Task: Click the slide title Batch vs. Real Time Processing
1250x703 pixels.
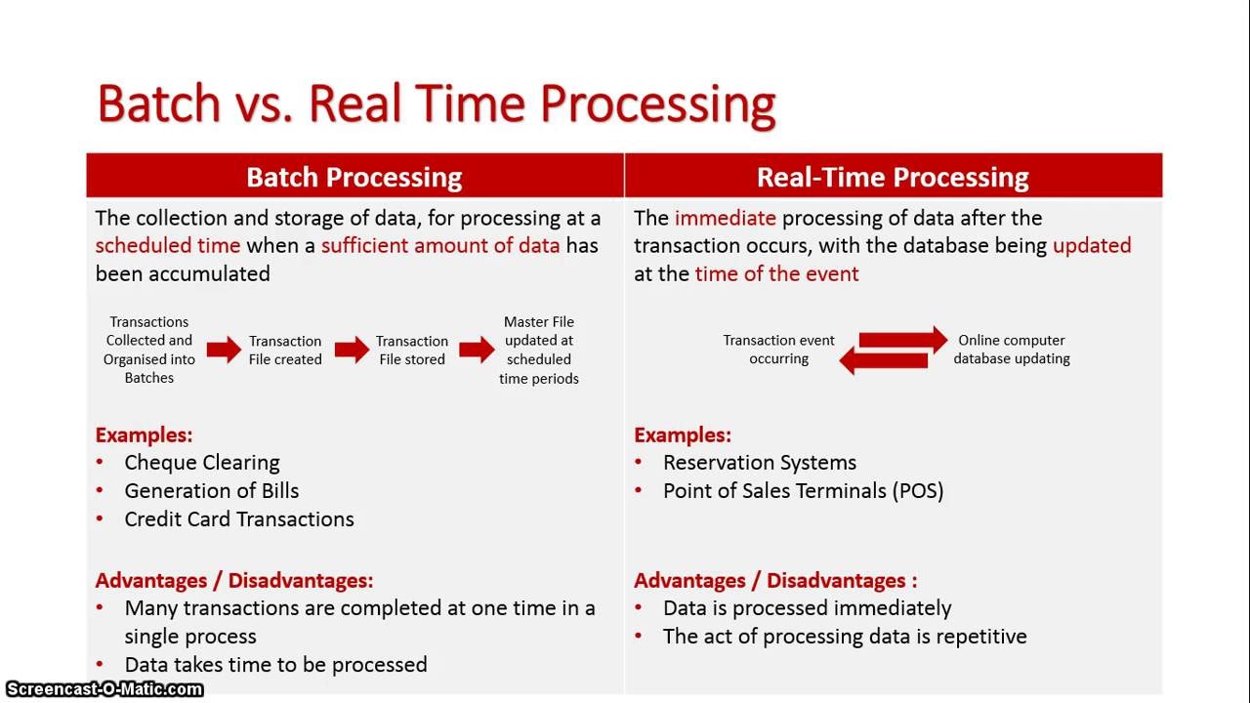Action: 437,103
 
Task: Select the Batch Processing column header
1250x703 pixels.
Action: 354,177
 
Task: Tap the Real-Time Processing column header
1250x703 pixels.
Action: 893,177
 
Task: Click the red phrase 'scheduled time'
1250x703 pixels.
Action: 167,245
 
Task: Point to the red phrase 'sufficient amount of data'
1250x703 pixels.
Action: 440,245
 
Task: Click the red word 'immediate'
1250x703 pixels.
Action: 725,218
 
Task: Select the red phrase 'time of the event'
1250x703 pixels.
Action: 776,273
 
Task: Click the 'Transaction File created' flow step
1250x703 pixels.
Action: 285,350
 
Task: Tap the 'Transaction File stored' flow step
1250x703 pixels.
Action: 412,350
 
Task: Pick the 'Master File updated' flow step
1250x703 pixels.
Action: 539,350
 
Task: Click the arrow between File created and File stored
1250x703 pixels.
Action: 352,350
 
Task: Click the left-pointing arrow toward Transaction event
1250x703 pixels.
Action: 884,361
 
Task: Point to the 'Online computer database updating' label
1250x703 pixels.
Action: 1012,350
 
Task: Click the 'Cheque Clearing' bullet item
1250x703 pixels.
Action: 201,463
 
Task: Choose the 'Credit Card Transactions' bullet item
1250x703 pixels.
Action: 238,519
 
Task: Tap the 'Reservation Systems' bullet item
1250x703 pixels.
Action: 759,463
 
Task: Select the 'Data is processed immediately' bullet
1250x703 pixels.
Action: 807,608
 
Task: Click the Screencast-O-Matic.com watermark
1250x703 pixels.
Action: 103,689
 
